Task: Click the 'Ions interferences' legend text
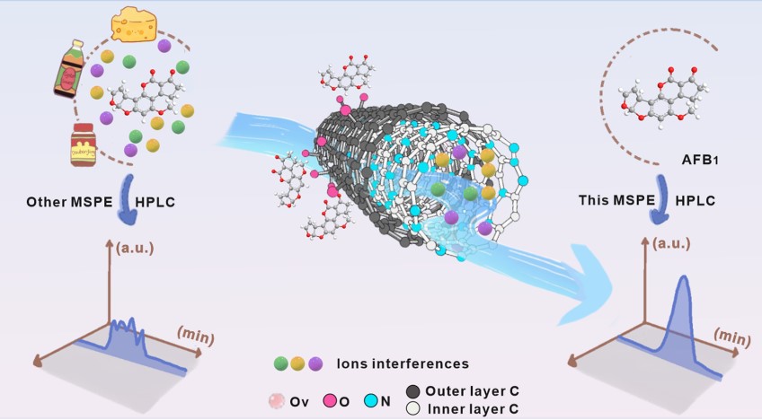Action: pos(402,363)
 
